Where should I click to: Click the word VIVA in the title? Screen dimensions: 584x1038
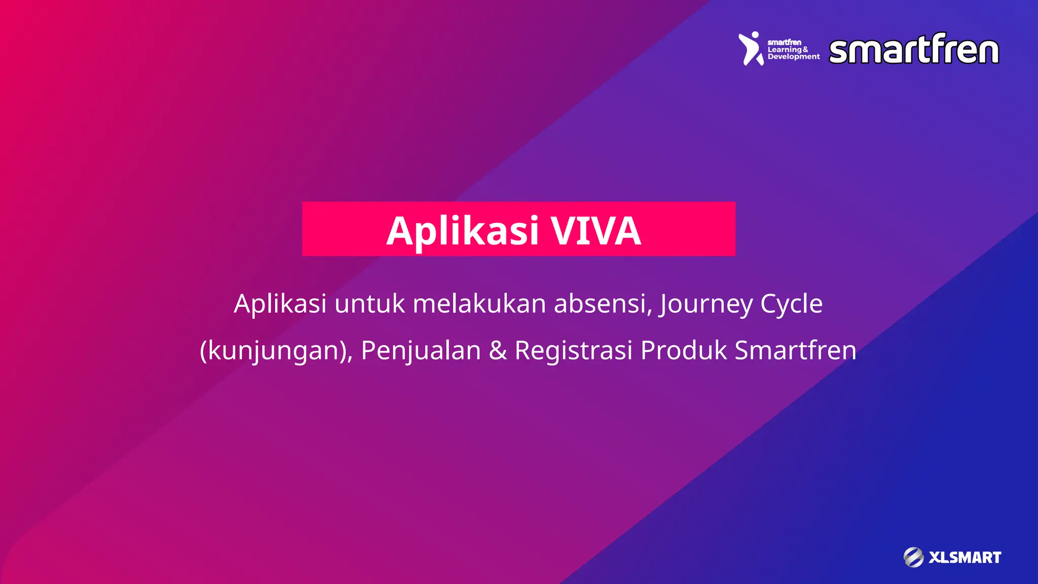click(x=596, y=231)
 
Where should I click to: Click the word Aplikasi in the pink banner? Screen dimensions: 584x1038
click(x=462, y=232)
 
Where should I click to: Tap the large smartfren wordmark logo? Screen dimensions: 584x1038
click(x=914, y=50)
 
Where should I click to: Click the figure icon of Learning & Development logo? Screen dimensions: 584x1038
click(x=751, y=49)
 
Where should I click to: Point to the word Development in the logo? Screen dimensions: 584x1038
click(x=793, y=57)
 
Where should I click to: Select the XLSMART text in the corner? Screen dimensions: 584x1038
click(x=965, y=558)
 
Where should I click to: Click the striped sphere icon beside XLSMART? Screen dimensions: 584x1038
click(x=913, y=557)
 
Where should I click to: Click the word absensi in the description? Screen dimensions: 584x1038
click(x=602, y=304)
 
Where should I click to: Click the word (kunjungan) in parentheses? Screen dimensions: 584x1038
click(x=276, y=351)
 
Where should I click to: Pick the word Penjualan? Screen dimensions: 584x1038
click(x=421, y=351)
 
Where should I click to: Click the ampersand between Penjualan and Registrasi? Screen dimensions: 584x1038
click(x=498, y=351)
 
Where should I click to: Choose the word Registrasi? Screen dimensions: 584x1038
click(x=573, y=351)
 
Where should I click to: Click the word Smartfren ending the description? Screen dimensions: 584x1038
click(x=795, y=351)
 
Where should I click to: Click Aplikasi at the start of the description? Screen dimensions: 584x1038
click(x=280, y=304)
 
